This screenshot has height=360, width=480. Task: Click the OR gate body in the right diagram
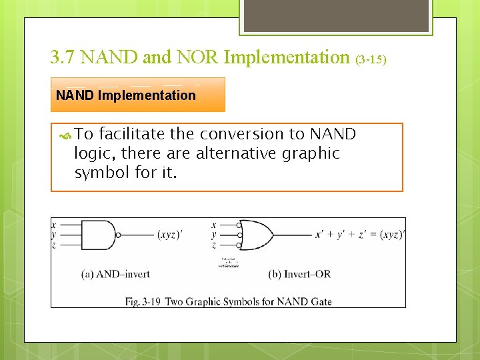256,235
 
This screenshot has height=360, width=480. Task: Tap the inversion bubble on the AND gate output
119,235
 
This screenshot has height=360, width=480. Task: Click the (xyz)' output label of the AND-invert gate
171,235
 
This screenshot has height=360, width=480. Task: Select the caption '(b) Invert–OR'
299,273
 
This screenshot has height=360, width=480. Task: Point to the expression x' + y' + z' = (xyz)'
359,235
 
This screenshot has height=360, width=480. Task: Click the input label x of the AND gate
54,225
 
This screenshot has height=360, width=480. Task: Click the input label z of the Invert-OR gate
214,245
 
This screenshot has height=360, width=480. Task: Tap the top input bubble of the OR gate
239,225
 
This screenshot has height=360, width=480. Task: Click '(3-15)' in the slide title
371,59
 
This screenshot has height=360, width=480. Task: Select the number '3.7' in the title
63,57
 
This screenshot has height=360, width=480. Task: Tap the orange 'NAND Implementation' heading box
138,95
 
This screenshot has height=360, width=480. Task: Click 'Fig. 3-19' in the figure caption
143,301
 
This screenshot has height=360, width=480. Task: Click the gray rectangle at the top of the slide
335,15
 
